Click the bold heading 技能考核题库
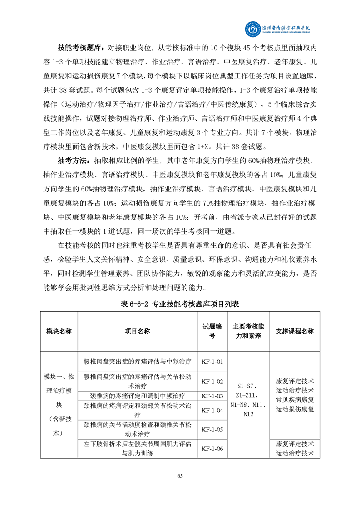81,48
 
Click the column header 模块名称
59,331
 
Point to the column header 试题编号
212,331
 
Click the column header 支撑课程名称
295,331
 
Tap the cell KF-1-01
212,362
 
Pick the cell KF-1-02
212,381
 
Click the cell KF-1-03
212,396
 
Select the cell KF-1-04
212,411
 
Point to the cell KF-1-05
212,429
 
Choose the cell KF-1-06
212,449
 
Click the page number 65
180,476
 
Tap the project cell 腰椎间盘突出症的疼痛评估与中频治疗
138,362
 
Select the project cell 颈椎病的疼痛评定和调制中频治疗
138,396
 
